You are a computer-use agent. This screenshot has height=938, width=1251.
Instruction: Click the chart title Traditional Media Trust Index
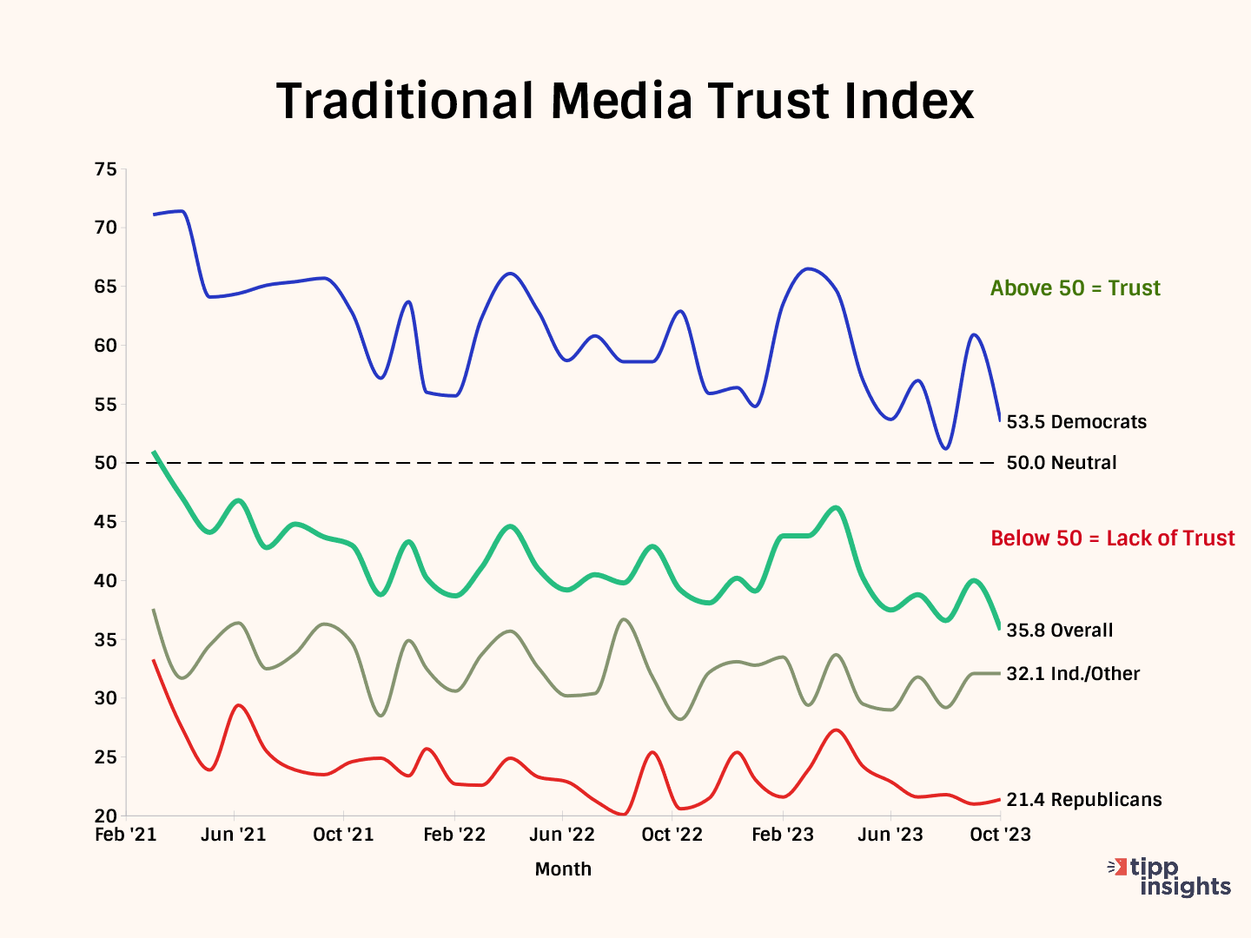point(625,101)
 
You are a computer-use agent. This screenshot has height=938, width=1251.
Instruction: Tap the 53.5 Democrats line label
point(1076,422)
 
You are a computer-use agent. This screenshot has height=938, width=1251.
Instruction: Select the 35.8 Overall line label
point(1059,631)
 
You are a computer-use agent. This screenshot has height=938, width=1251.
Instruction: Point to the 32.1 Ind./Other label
point(1073,674)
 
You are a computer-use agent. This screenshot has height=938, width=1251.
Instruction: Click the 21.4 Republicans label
point(1083,800)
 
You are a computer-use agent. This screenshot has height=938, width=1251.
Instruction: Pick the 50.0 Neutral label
point(1061,463)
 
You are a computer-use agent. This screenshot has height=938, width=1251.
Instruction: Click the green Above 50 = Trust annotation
point(1075,288)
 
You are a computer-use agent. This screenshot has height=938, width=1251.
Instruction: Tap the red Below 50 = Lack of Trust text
point(1112,538)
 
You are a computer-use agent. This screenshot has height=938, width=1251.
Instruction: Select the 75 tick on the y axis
point(105,169)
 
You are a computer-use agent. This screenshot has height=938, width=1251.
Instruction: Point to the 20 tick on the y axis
point(105,816)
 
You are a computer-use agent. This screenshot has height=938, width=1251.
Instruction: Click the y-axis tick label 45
point(105,522)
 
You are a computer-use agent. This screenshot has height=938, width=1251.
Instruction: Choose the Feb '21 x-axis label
point(126,835)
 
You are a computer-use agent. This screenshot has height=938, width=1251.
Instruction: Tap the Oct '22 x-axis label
point(672,835)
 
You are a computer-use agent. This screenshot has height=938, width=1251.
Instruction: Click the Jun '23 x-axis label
point(890,835)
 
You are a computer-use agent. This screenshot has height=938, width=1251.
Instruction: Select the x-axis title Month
point(563,869)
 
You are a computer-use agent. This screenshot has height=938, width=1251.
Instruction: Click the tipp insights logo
point(1172,877)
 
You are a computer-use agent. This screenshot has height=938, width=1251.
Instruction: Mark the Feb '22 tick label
point(454,835)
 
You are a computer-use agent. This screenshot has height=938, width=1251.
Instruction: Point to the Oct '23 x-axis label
point(1000,835)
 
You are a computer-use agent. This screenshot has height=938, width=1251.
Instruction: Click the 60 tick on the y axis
point(105,346)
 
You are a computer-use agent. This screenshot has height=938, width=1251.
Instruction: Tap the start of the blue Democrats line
point(154,215)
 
